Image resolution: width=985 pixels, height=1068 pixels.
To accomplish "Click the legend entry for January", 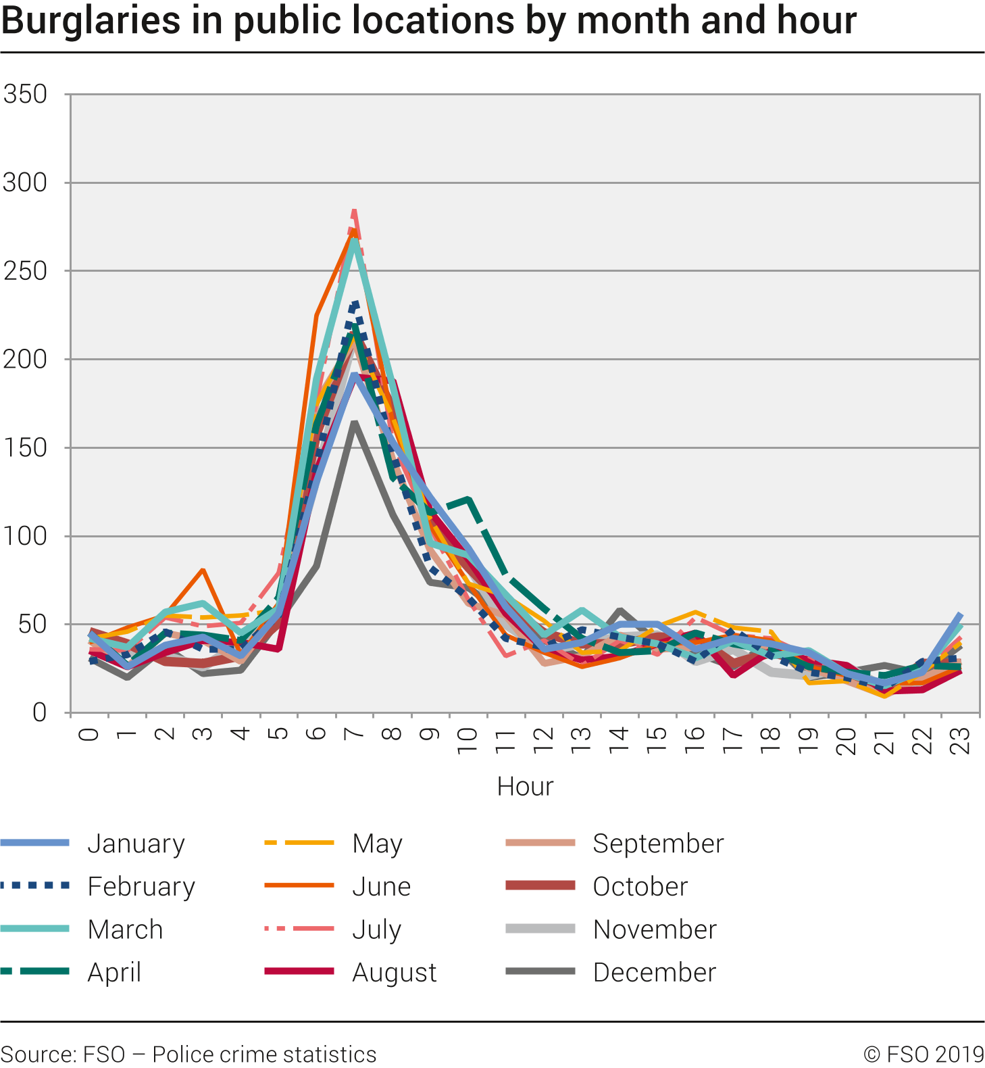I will coord(136,844).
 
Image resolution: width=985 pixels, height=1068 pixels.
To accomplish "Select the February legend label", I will coord(141,886).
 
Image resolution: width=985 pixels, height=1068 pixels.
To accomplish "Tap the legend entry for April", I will coord(114,972).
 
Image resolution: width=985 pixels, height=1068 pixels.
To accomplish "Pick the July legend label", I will coord(376,929).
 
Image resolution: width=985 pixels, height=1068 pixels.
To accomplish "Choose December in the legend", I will coord(654,972).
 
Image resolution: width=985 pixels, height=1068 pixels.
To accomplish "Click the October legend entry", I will coord(640,886).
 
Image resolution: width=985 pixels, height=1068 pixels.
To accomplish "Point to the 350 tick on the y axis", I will coord(25,94).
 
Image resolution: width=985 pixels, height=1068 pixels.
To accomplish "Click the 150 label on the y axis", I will coord(25,447).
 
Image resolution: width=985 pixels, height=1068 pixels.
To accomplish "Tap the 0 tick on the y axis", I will coord(39,712).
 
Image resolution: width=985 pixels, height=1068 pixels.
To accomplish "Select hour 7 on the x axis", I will coord(354,733).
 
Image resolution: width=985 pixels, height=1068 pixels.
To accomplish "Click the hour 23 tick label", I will coord(960,740).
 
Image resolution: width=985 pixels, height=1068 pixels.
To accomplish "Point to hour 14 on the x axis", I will coord(619,740).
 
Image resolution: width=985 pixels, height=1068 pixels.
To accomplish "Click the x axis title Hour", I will coord(525,786).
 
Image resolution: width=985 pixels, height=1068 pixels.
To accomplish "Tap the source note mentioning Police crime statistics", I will coord(188,1054).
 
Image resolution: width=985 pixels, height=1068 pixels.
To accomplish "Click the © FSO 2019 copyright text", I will coord(924,1054).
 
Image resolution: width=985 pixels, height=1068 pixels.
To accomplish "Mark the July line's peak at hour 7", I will coord(354,210).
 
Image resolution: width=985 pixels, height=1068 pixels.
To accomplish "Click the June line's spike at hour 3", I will coord(203,570).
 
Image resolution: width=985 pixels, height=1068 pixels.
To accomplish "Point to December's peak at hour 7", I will coord(354,423).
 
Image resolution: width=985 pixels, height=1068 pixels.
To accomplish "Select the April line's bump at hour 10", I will coord(468,500).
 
